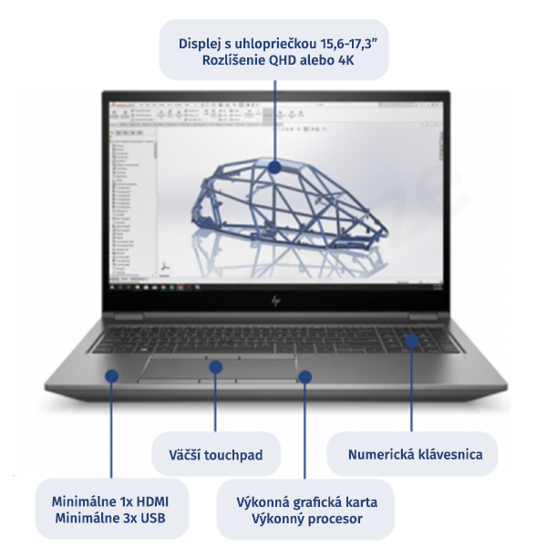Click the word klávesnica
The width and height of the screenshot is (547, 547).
click(x=449, y=453)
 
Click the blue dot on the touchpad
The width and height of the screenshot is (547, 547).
click(x=216, y=366)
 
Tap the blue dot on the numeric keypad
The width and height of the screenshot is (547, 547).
click(x=411, y=342)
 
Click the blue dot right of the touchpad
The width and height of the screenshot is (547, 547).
click(x=304, y=374)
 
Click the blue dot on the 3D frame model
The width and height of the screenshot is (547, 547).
click(x=275, y=167)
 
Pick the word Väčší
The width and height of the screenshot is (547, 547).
click(x=187, y=454)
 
